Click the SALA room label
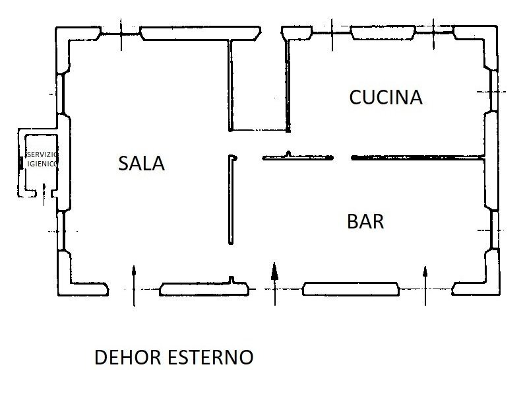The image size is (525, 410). [141, 163]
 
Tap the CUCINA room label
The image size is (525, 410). [386, 97]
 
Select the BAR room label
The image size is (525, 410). [365, 221]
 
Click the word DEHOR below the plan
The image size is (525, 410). [128, 357]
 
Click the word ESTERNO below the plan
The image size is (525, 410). [210, 357]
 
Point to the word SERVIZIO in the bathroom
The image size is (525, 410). [42, 154]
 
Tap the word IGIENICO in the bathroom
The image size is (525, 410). [42, 164]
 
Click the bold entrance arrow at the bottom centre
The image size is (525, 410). [274, 284]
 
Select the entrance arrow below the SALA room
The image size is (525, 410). [134, 286]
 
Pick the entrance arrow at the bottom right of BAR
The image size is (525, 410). [425, 286]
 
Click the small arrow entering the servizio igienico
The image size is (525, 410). [44, 195]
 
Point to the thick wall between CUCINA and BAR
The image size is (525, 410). [417, 157]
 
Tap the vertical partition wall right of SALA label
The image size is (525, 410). [231, 199]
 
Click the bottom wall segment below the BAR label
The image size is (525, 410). [351, 289]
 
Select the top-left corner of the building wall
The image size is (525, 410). [56, 28]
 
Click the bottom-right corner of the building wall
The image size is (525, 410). [499, 294]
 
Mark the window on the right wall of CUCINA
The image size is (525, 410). [493, 90]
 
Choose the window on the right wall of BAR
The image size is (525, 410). [495, 230]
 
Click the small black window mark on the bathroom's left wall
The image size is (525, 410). [20, 162]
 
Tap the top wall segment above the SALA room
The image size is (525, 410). [201, 34]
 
